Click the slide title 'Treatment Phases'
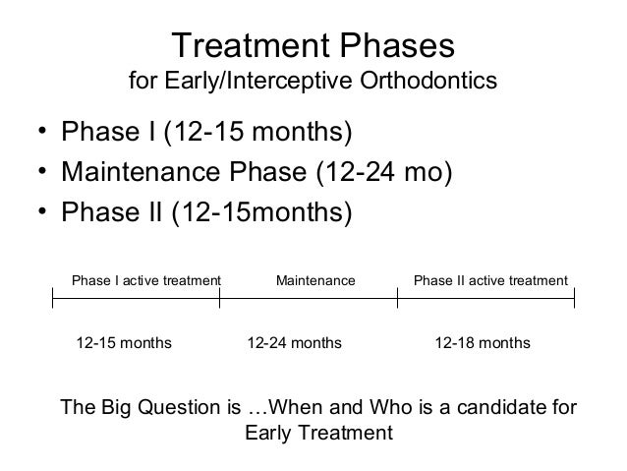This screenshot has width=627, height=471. [313, 46]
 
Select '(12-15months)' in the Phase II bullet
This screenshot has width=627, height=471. [261, 213]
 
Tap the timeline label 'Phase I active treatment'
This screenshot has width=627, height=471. [146, 281]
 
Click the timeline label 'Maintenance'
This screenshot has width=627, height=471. [315, 281]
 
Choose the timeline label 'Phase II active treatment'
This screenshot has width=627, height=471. [491, 281]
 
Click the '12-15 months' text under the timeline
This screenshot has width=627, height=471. [124, 343]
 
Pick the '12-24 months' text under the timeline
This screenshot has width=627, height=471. [294, 343]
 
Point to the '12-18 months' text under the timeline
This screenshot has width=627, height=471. [483, 343]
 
